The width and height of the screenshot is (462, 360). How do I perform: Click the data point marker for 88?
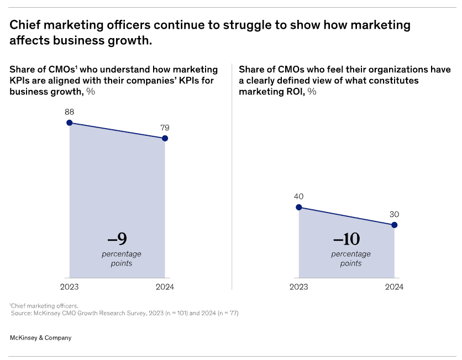[x=70, y=123]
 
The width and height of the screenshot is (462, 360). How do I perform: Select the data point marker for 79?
[x=165, y=138]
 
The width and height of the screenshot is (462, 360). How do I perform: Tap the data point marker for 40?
[x=299, y=207]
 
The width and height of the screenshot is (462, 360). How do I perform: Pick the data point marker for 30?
[x=394, y=225]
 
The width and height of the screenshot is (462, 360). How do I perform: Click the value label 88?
[x=70, y=111]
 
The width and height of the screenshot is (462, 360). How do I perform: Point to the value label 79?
[x=165, y=128]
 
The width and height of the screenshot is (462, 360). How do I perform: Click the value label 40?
[x=299, y=196]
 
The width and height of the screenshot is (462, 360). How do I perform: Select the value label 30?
[x=394, y=214]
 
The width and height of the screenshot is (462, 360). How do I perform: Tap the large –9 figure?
[x=117, y=239]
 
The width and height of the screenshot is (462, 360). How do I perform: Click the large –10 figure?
[x=347, y=239]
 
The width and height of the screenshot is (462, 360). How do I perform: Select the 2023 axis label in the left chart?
[x=70, y=287]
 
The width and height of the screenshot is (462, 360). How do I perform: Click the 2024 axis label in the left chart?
[x=165, y=287]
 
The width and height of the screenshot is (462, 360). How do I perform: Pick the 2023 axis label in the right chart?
[x=299, y=287]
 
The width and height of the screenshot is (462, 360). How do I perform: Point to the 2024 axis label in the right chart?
[x=394, y=287]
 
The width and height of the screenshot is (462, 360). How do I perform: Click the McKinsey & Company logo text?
[x=41, y=337]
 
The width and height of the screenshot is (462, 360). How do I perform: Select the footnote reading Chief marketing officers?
[x=44, y=305]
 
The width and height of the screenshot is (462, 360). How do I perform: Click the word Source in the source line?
[x=24, y=313]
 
